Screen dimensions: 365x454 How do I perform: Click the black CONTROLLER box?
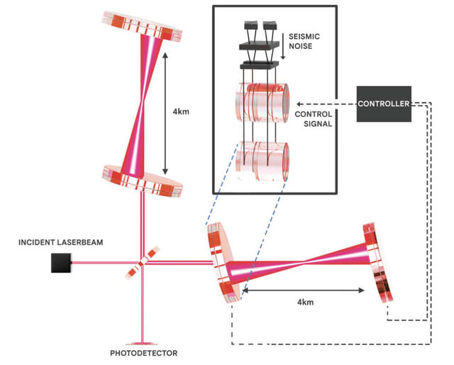click(384, 104)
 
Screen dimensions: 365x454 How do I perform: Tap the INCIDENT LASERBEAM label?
click(61, 243)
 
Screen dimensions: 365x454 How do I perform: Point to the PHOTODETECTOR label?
click(143, 353)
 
